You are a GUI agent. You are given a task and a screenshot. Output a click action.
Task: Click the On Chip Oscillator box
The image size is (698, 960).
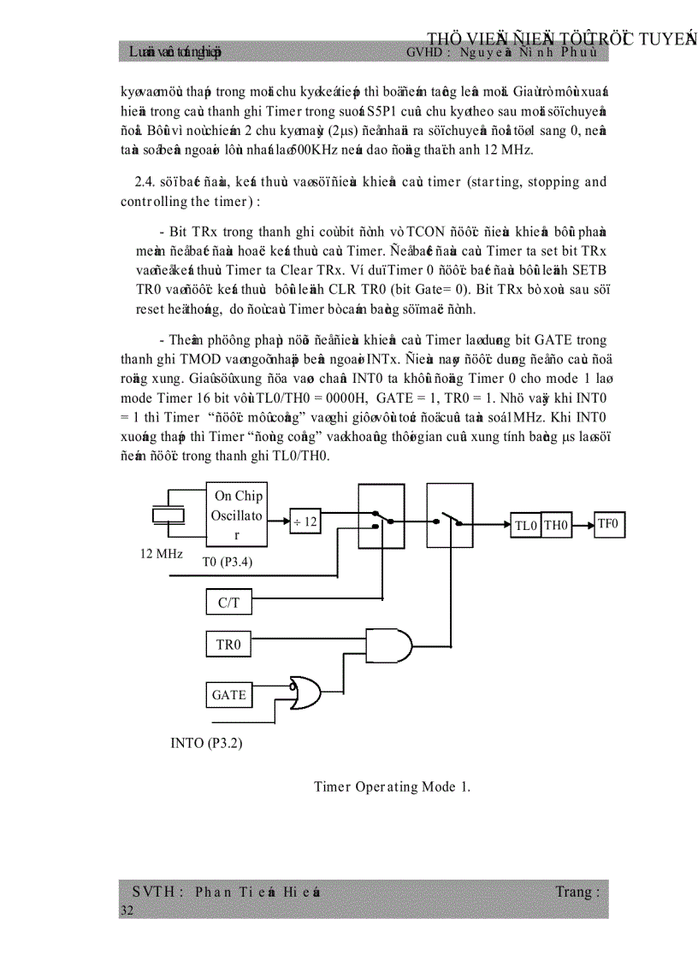point(237,515)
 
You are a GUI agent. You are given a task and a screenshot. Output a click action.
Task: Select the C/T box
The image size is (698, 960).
point(228,603)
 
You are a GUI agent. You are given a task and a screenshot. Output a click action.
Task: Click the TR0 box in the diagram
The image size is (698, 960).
point(228,645)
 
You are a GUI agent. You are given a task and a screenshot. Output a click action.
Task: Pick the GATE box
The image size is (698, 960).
point(228,695)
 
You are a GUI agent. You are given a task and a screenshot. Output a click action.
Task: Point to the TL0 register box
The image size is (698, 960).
point(525,527)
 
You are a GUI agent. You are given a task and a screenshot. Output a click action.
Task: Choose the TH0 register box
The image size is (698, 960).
point(556,527)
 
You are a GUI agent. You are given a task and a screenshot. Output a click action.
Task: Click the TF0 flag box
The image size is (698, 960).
point(609,524)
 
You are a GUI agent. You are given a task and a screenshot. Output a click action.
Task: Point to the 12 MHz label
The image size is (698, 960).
point(161,554)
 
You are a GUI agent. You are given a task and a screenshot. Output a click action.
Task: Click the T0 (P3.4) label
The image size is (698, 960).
point(227,562)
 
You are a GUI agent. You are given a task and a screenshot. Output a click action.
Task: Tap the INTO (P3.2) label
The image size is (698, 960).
point(206,743)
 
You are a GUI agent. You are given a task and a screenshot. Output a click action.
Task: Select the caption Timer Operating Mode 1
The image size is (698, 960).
point(392,786)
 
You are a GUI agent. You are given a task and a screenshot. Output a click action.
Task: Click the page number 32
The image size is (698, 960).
point(127,911)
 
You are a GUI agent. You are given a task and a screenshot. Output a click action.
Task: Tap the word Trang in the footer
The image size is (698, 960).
point(573,892)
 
